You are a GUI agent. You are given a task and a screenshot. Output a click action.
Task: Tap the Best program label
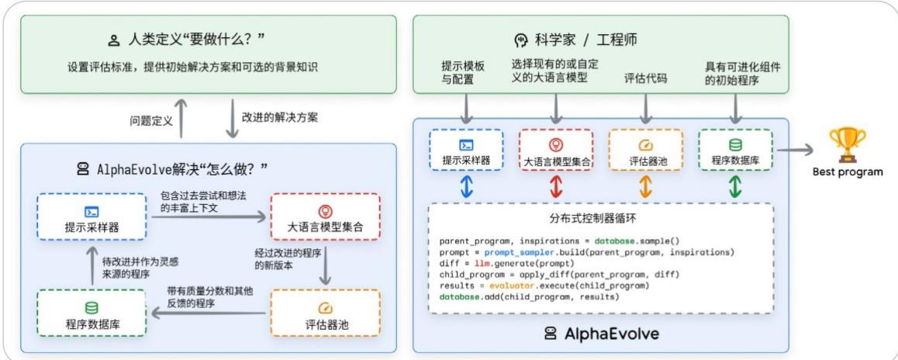coord(847,171)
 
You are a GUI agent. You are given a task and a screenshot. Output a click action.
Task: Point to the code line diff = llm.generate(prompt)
coord(497,264)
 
